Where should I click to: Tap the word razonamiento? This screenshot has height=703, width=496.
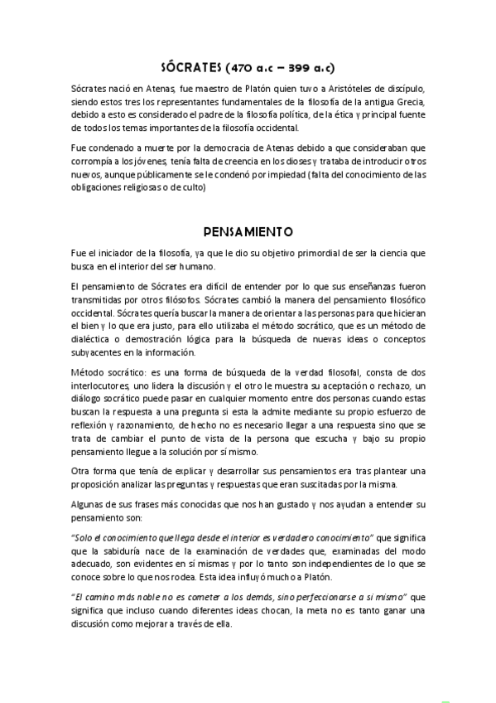point(137,425)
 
